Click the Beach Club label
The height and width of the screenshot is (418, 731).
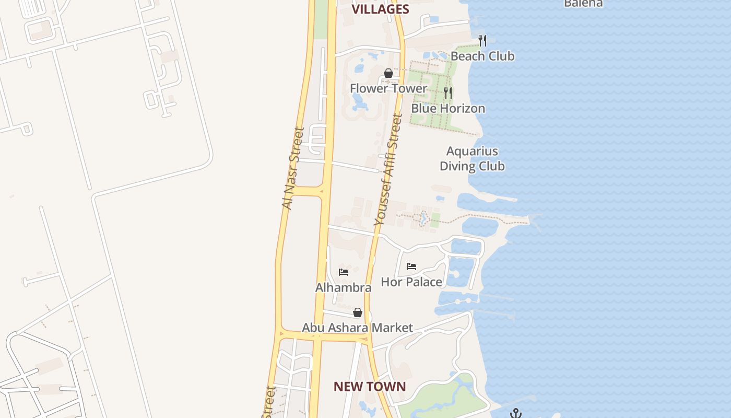[482, 56]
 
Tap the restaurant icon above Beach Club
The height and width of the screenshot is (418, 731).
[482, 40]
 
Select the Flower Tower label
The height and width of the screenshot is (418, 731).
[388, 88]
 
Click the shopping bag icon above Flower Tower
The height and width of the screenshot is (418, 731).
[388, 73]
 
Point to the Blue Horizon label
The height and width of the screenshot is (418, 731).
[448, 108]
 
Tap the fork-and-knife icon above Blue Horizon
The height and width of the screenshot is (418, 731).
[448, 93]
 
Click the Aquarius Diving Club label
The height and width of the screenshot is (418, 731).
[472, 159]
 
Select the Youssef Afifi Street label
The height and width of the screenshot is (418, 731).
[388, 170]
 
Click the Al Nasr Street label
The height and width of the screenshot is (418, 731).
[292, 168]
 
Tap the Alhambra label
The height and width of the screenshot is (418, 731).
[344, 287]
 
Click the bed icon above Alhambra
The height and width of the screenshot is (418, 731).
[344, 272]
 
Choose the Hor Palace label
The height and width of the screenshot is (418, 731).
[411, 282]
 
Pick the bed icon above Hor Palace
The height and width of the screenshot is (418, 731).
[411, 266]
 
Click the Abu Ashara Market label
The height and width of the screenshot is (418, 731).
[358, 328]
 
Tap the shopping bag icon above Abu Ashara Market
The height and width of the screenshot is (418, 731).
[358, 312]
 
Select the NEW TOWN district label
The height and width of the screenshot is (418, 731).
[370, 387]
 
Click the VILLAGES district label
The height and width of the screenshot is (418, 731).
[380, 9]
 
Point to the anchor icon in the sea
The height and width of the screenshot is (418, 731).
[516, 413]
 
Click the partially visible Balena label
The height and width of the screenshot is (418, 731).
[583, 3]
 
